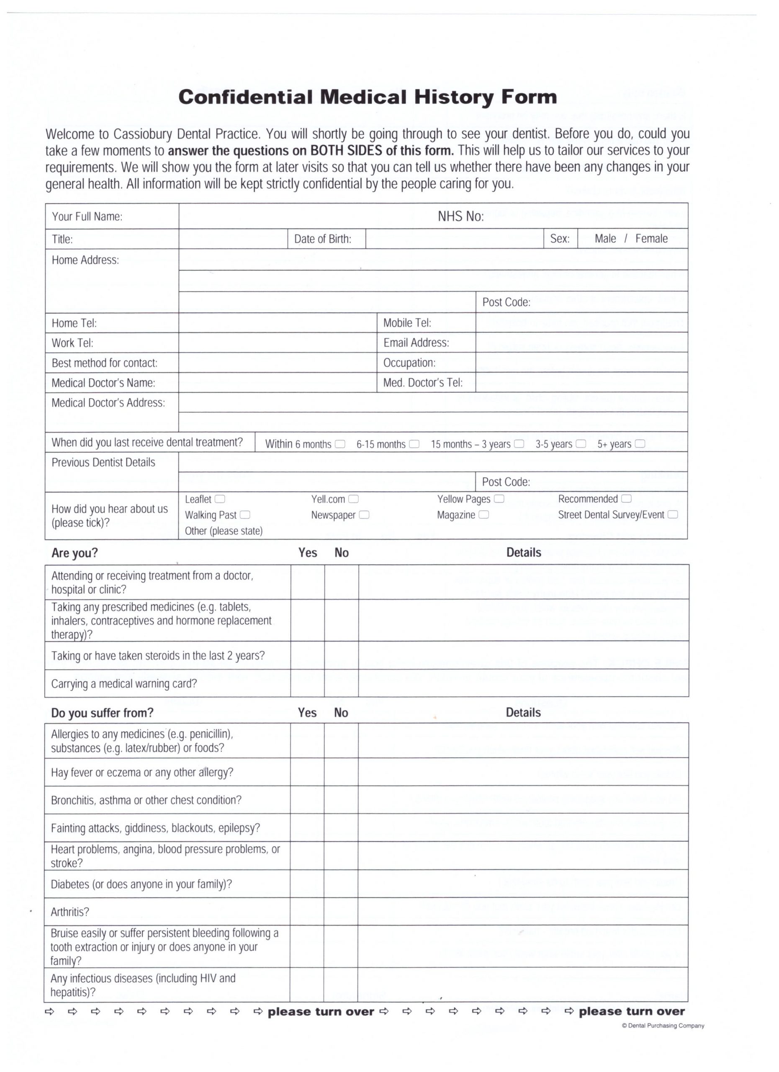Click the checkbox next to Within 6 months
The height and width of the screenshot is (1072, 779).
340,444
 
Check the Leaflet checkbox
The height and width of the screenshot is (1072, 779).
220,499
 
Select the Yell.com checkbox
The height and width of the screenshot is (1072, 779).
353,499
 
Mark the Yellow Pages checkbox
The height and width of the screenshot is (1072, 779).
499,499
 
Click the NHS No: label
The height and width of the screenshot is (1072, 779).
460,216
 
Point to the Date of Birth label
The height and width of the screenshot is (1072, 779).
323,239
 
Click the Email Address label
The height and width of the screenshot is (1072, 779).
416,343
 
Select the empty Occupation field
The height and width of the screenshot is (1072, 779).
581,363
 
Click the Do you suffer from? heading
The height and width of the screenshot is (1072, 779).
102,713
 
